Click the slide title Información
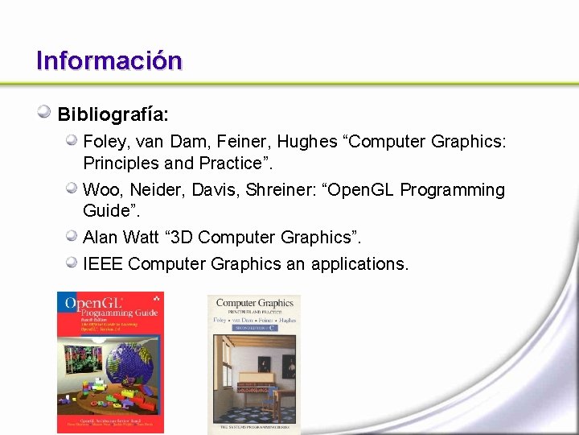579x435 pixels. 109,60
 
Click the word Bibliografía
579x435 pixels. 112,114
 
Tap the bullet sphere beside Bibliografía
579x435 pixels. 45,113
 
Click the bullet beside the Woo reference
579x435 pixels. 72,189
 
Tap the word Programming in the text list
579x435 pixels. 452,190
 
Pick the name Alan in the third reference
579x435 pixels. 101,237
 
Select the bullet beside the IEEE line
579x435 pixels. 72,263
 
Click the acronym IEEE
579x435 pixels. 103,263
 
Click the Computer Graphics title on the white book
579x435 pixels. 254,304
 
